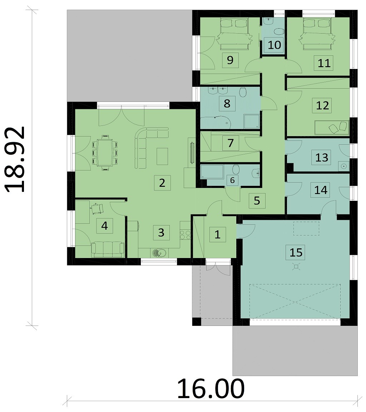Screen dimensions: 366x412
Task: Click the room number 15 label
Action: pyautogui.click(x=296, y=252)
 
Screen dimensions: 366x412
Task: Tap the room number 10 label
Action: pyautogui.click(x=274, y=45)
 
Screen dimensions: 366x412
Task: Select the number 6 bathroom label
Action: pyautogui.click(x=232, y=180)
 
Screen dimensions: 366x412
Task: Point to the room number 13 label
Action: pyautogui.click(x=322, y=157)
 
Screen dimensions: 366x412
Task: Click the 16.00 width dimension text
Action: pyautogui.click(x=211, y=389)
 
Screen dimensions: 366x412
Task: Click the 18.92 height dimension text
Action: pyautogui.click(x=15, y=159)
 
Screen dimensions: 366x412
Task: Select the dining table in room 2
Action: pyautogui.click(x=105, y=153)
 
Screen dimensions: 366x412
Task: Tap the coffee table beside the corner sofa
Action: pyautogui.click(x=162, y=157)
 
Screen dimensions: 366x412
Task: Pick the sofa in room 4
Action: pyautogui.click(x=108, y=249)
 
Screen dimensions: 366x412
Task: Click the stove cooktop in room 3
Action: pyautogui.click(x=185, y=234)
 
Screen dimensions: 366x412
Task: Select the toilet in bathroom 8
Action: pyautogui.click(x=243, y=92)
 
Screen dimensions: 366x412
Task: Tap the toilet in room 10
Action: pyautogui.click(x=279, y=32)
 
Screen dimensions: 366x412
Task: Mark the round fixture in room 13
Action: pyautogui.click(x=344, y=166)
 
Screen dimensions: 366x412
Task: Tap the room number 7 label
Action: pyautogui.click(x=231, y=143)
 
